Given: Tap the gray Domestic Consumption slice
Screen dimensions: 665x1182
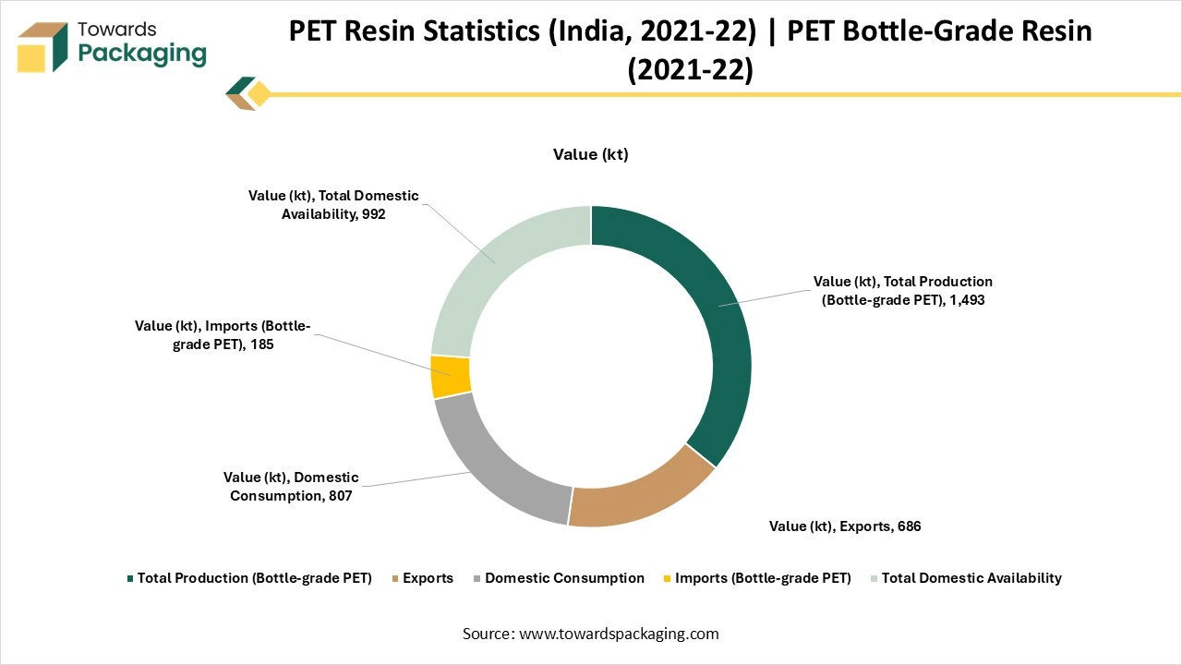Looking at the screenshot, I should pyautogui.click(x=494, y=462).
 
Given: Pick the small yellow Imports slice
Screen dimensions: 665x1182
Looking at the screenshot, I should pyautogui.click(x=451, y=377).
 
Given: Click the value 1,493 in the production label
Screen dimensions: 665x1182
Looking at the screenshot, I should pyautogui.click(x=965, y=299).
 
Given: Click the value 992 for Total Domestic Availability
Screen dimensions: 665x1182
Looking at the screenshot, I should pyautogui.click(x=373, y=213).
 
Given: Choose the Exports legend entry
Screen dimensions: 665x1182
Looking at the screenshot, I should pyautogui.click(x=428, y=578).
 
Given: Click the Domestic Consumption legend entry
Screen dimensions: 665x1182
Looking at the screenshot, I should pyautogui.click(x=564, y=578).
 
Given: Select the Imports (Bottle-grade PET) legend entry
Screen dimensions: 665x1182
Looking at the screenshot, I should pyautogui.click(x=763, y=578).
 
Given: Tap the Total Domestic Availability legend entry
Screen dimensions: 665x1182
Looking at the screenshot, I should pyautogui.click(x=971, y=578).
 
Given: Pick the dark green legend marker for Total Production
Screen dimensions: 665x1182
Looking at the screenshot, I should pyautogui.click(x=130, y=579).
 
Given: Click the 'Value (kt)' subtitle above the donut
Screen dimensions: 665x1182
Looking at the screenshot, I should pyautogui.click(x=591, y=154).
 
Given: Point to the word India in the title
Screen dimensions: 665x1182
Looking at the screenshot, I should pyautogui.click(x=602, y=31).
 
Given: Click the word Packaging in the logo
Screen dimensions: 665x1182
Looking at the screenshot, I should pyautogui.click(x=142, y=54).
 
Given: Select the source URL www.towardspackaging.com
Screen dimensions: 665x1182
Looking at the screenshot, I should pyautogui.click(x=619, y=634).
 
